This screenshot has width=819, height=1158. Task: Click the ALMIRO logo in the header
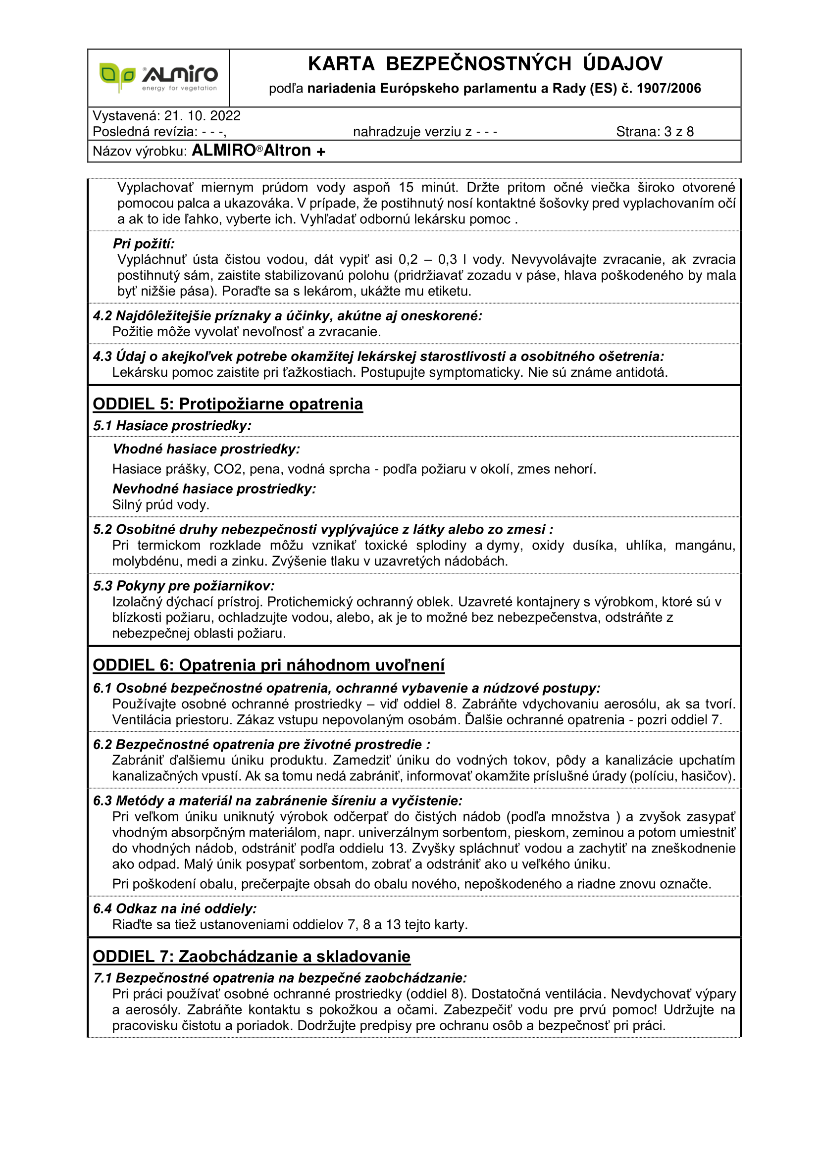pyautogui.click(x=158, y=78)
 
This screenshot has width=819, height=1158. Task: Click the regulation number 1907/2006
pyautogui.click(x=668, y=89)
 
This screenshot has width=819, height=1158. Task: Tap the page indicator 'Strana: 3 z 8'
pyautogui.click(x=655, y=132)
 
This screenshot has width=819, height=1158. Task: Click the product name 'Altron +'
pyautogui.click(x=294, y=151)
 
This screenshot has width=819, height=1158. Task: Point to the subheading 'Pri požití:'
pyautogui.click(x=144, y=244)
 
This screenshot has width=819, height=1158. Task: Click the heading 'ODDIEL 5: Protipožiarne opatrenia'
pyautogui.click(x=227, y=404)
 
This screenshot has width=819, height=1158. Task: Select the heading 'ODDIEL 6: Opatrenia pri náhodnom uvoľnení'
pyautogui.click(x=268, y=665)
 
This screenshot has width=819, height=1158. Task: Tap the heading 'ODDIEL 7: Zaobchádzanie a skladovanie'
pyautogui.click(x=251, y=957)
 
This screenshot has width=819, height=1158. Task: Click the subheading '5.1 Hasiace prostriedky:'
pyautogui.click(x=172, y=426)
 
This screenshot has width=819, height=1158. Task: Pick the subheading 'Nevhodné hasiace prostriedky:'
pyautogui.click(x=214, y=489)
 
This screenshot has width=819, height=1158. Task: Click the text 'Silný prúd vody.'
pyautogui.click(x=160, y=505)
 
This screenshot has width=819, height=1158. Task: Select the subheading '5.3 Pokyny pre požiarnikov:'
pyautogui.click(x=184, y=586)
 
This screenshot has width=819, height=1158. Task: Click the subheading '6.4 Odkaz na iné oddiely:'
pyautogui.click(x=174, y=908)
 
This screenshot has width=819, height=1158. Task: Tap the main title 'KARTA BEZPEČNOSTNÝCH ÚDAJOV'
pyautogui.click(x=485, y=64)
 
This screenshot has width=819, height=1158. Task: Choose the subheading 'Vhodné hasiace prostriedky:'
pyautogui.click(x=206, y=449)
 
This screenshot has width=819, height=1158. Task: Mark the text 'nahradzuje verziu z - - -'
pyautogui.click(x=425, y=132)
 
